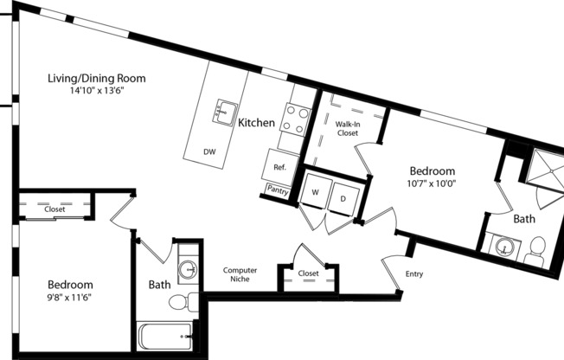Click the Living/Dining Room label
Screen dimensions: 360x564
click(x=96, y=79)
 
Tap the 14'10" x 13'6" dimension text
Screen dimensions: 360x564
click(x=96, y=91)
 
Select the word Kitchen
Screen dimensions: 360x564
click(x=257, y=124)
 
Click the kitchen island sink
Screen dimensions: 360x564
click(x=228, y=110)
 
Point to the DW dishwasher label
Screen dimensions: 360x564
click(x=209, y=152)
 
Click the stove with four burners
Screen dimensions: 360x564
click(x=295, y=119)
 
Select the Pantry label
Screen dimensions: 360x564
click(x=279, y=190)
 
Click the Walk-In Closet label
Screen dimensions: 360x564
click(x=347, y=129)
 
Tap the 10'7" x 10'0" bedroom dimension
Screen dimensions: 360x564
click(x=432, y=183)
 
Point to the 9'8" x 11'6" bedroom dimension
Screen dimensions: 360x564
click(x=69, y=297)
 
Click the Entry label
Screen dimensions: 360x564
click(x=414, y=275)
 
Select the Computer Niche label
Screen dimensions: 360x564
click(x=240, y=274)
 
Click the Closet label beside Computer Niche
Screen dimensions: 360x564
click(x=308, y=273)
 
